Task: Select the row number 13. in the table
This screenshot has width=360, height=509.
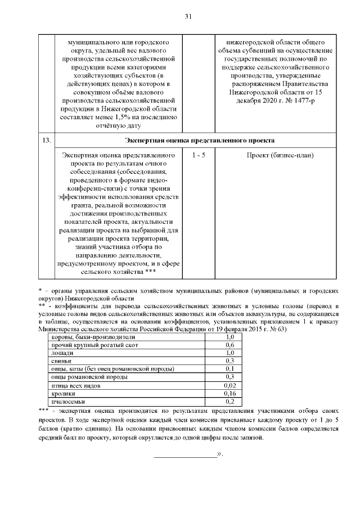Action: click(47, 139)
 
